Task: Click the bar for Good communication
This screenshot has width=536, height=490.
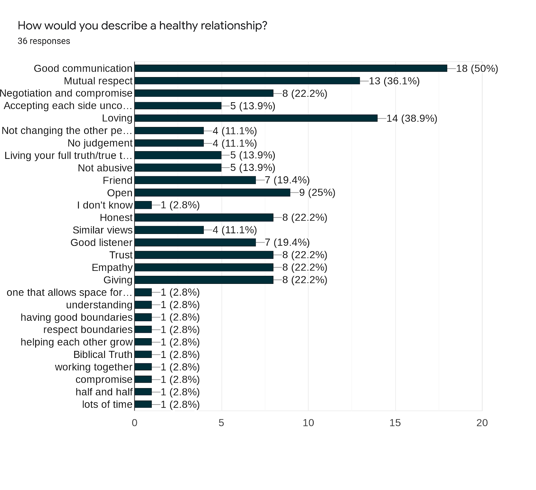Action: click(x=291, y=68)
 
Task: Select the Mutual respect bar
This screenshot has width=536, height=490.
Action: click(x=247, y=81)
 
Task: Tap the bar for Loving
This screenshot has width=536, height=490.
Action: click(x=256, y=118)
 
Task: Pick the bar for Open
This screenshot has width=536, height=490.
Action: click(x=212, y=193)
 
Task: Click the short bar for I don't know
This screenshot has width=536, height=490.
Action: click(x=143, y=205)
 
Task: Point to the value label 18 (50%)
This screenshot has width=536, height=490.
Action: click(x=477, y=68)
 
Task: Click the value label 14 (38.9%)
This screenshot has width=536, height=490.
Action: click(x=412, y=118)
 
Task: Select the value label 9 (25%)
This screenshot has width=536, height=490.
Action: click(x=317, y=193)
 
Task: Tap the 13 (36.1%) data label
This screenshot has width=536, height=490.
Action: click(x=394, y=81)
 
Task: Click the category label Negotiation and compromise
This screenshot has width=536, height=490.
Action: click(x=66, y=93)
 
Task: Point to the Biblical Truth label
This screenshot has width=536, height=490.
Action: click(x=103, y=355)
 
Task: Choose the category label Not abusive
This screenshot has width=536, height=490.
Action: click(x=105, y=168)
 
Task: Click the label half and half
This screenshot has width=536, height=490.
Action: click(x=104, y=392)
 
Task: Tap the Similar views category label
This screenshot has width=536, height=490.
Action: click(x=103, y=230)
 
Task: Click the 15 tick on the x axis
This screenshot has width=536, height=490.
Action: click(x=395, y=423)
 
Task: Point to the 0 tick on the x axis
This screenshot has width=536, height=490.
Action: click(x=135, y=423)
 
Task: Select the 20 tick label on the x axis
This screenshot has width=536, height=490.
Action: click(x=482, y=423)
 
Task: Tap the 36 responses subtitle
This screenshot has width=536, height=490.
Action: click(x=44, y=41)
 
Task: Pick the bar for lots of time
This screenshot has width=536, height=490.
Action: click(x=143, y=404)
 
